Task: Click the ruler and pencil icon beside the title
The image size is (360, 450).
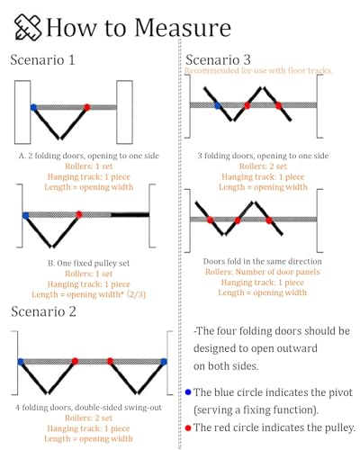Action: pos(28,27)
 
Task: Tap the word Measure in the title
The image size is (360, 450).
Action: pos(183,28)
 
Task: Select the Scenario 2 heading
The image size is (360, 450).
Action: pos(43,311)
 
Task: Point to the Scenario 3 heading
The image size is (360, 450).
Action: pos(218,59)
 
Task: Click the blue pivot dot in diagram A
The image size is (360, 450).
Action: pos(33,107)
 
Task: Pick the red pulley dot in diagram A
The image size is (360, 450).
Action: pos(87,107)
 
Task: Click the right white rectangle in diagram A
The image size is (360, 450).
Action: pos(124,112)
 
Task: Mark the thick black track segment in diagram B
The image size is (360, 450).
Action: pos(130,214)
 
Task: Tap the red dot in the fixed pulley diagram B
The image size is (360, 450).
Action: pos(79,214)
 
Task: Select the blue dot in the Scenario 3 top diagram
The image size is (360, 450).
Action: pos(218,105)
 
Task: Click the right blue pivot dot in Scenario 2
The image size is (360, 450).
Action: pos(164,362)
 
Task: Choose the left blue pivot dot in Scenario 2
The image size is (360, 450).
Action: pos(21,362)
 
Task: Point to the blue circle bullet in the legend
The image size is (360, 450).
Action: pos(188,392)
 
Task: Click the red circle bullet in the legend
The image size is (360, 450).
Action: pos(188,428)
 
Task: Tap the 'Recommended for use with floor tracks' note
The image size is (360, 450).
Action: pos(258,70)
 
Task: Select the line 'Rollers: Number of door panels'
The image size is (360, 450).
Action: pos(263,272)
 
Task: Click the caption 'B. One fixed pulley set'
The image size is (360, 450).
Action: pos(89,263)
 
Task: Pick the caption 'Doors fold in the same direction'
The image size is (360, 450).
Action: pos(263,261)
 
